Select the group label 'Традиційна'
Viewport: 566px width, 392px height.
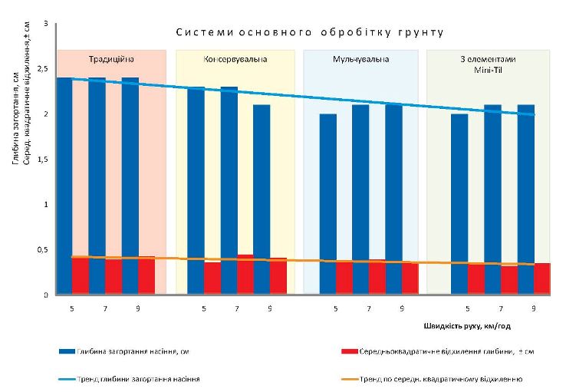[x=112, y=59]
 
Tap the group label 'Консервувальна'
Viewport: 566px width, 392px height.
[x=235, y=59]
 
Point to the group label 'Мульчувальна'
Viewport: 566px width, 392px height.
[x=361, y=59]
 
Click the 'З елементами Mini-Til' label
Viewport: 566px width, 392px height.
[x=488, y=64]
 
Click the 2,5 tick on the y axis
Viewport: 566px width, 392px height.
[x=42, y=69]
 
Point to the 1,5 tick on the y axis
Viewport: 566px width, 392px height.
[x=42, y=160]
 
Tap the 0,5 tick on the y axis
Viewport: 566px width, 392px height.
[x=42, y=250]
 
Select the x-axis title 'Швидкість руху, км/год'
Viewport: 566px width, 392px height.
[x=466, y=325]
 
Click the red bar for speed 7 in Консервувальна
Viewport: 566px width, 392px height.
[x=245, y=275]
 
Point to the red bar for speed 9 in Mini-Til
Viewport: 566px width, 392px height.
[x=542, y=278]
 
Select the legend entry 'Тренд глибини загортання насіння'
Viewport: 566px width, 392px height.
[x=130, y=379]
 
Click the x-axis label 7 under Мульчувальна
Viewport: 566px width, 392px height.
[x=369, y=309]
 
